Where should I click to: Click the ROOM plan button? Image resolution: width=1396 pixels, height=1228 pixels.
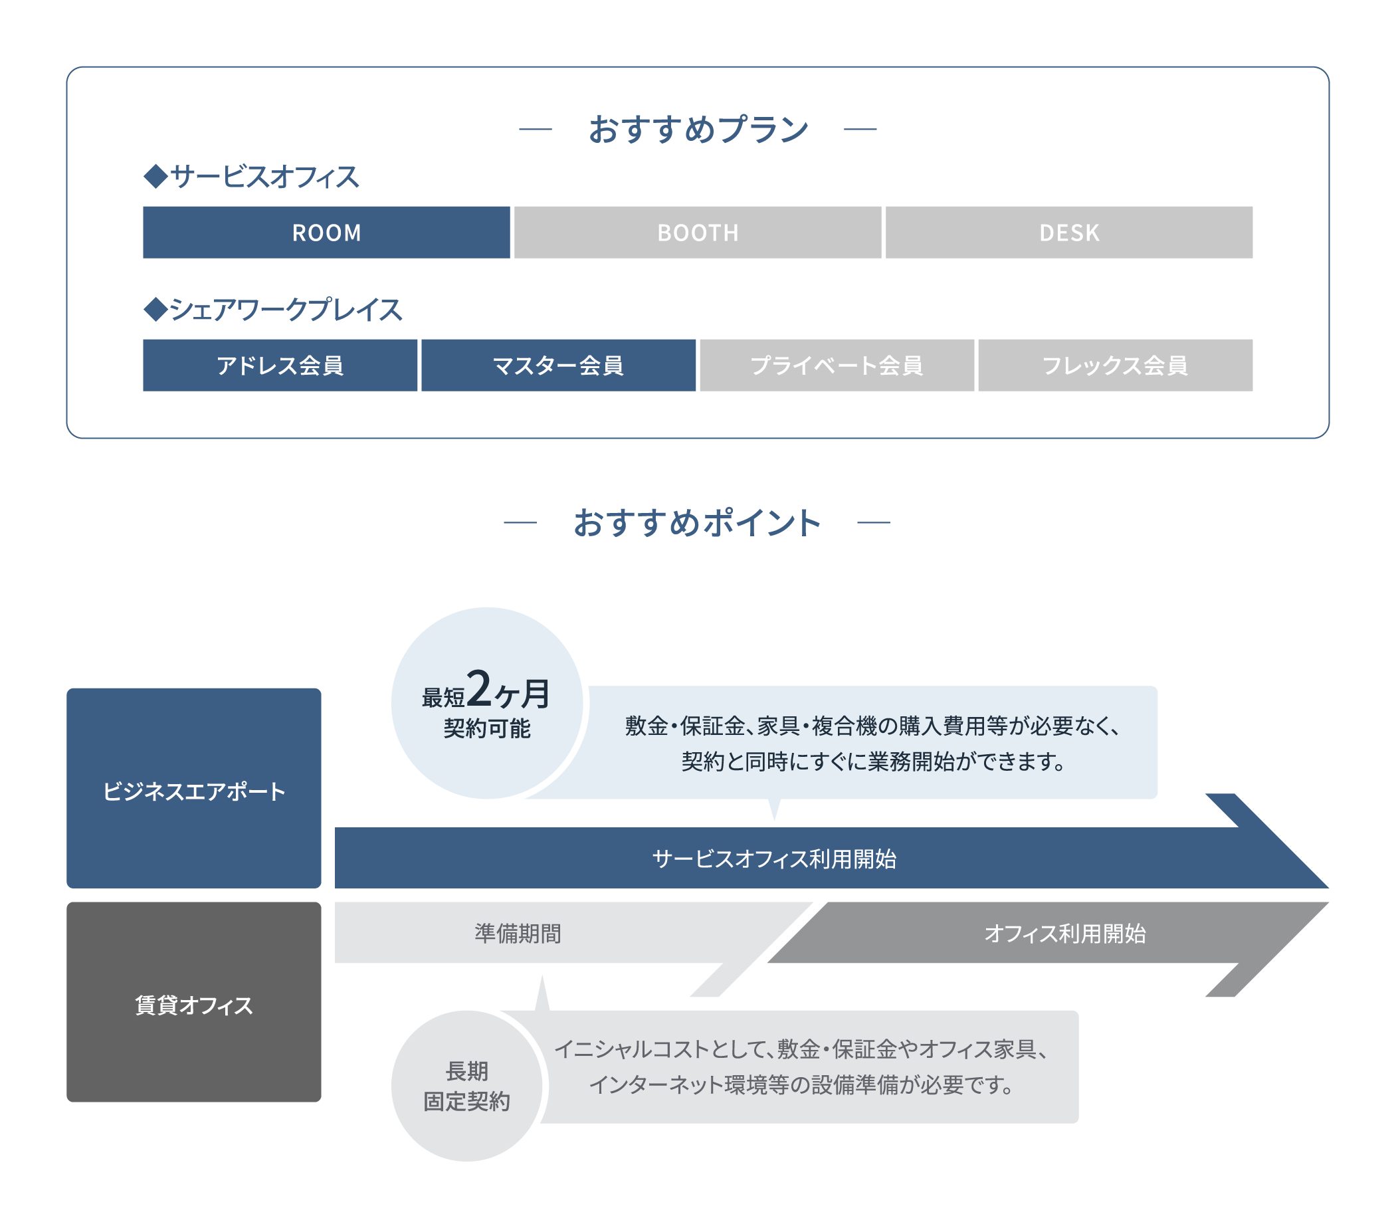coord(326,232)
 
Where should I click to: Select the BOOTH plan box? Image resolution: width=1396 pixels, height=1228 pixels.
coord(697,232)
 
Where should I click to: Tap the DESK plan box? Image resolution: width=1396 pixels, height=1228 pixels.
coord(1069,232)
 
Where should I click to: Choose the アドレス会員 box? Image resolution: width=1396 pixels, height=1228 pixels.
coord(280,365)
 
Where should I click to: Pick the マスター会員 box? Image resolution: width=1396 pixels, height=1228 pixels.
coord(558,365)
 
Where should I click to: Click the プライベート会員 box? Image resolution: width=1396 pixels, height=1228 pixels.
coord(837,365)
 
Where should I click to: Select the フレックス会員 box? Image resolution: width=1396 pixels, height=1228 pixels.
coord(1115,365)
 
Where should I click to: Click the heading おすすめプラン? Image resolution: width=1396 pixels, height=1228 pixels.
coord(698,129)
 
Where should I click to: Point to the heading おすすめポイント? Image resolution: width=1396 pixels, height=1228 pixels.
coord(696,523)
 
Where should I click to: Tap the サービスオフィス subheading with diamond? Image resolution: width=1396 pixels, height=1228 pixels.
coord(251,177)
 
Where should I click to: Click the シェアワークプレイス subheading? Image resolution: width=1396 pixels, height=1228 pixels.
coord(273,310)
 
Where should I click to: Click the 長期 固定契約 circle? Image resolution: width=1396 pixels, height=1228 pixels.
coord(467,1086)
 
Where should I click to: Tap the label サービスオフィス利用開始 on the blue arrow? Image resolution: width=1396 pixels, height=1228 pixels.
coord(774,859)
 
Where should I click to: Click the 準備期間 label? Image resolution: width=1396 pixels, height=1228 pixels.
coord(518,933)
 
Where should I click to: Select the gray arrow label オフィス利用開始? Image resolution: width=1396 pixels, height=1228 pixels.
coord(1064,933)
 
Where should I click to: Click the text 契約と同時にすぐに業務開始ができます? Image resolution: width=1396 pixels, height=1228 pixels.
coord(873,761)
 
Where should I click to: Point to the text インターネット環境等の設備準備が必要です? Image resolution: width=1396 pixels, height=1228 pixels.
coord(801,1084)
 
